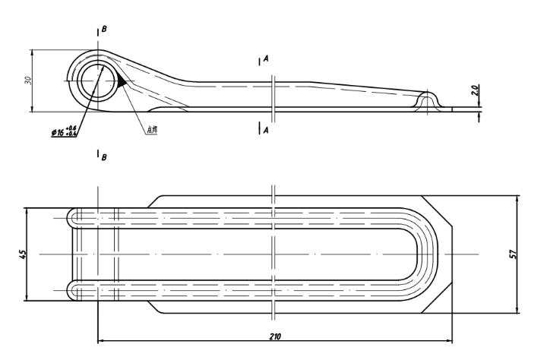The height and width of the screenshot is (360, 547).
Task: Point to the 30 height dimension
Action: [26, 81]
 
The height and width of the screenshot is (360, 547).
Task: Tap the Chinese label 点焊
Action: [151, 130]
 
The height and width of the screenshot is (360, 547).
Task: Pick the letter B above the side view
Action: [104, 29]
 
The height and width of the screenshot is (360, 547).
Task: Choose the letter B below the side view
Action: [104, 157]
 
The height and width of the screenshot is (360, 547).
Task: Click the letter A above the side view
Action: [267, 58]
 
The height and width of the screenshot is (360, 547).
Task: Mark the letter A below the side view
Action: [267, 131]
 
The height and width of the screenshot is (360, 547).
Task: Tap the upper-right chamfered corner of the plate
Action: [439, 210]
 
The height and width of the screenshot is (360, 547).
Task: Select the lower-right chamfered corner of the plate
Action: [439, 297]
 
